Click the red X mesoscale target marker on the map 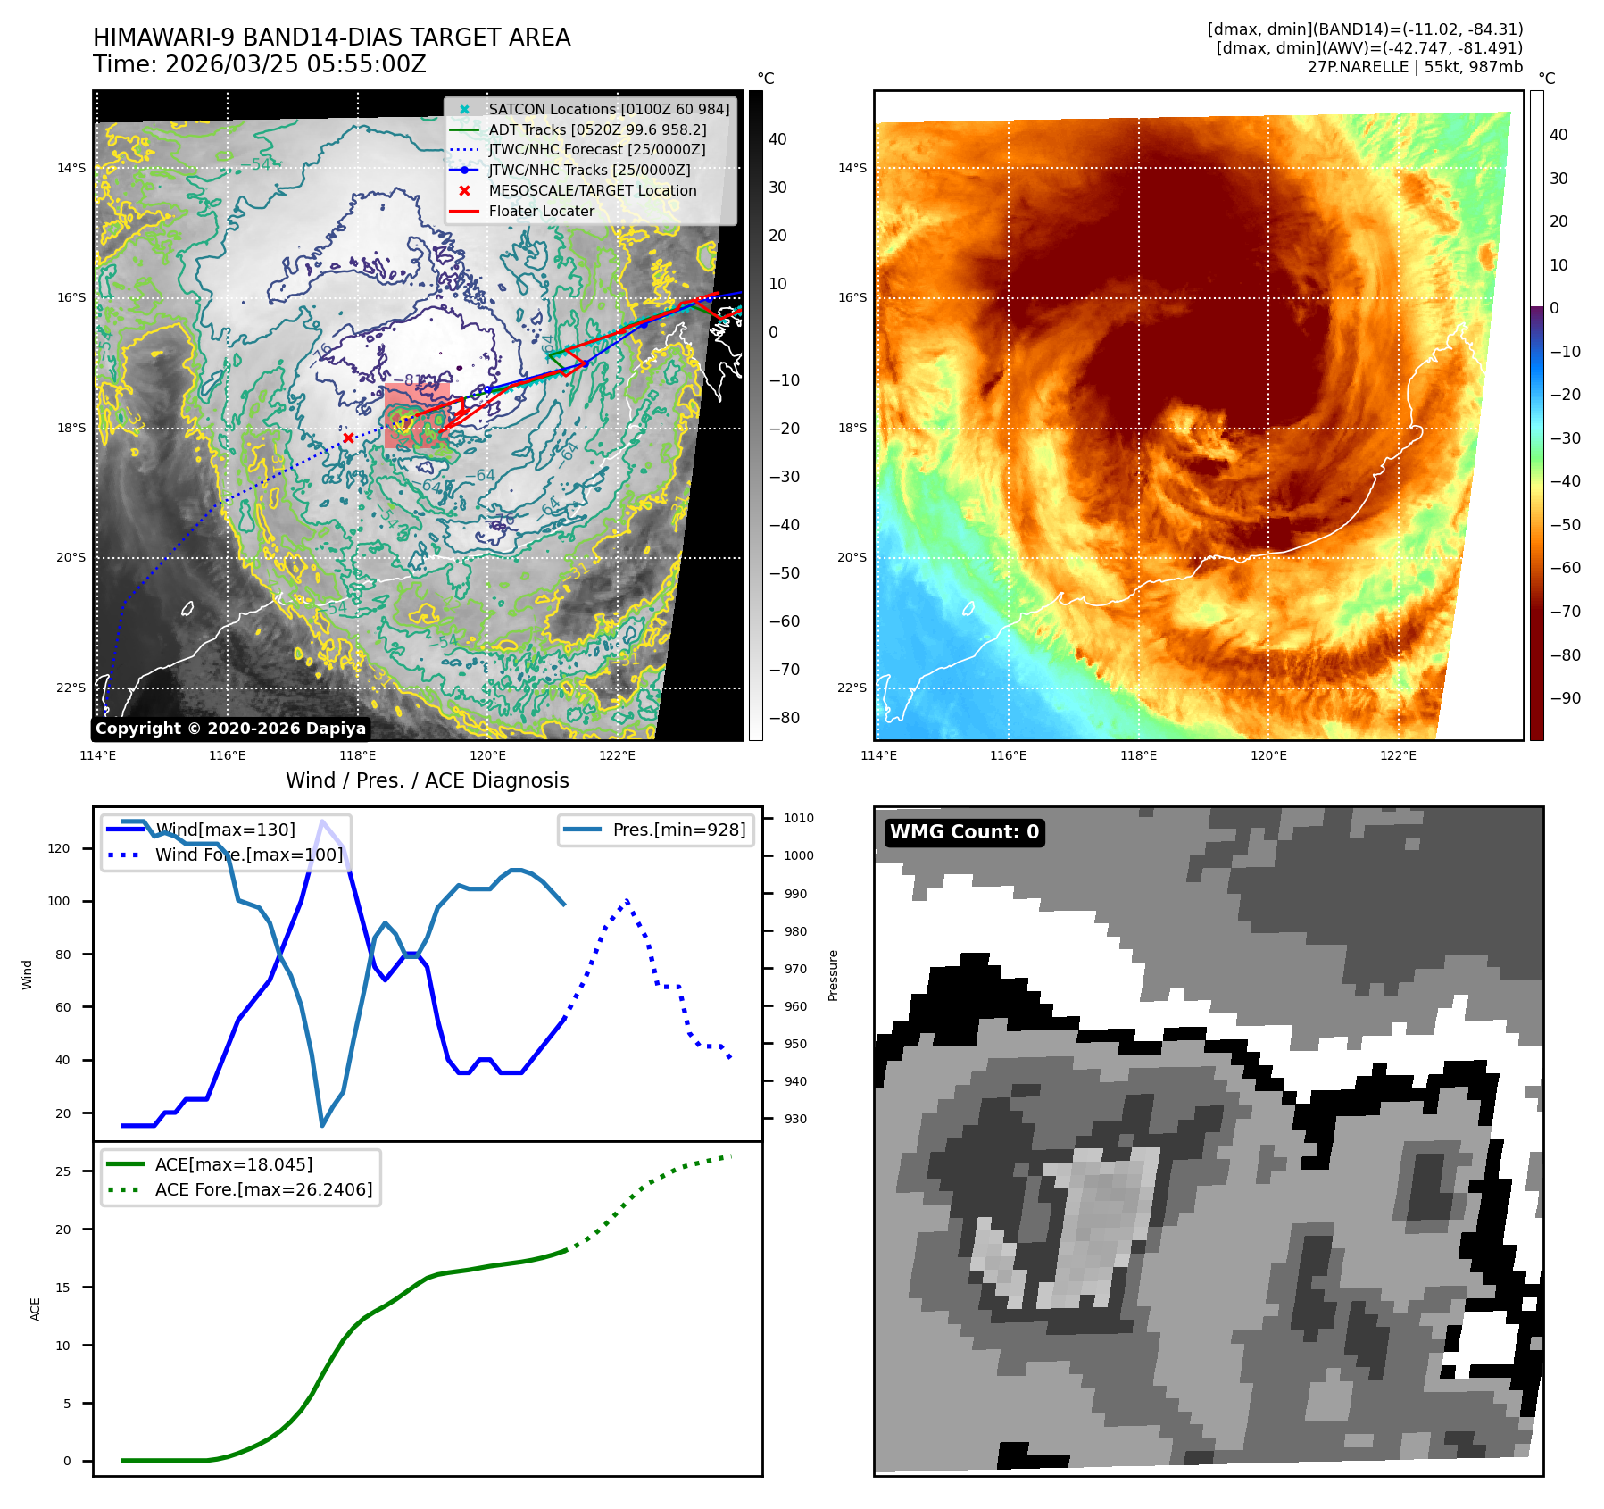coord(348,438)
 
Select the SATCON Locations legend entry coord(608,109)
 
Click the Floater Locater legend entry coord(541,211)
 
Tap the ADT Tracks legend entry coord(597,129)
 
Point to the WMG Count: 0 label coord(964,832)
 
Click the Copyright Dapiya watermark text coord(230,729)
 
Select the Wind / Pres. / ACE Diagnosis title coord(427,780)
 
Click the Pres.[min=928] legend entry coord(678,830)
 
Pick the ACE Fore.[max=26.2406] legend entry coord(263,1189)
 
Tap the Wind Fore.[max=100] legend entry coord(248,855)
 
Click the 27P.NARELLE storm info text coord(1414,67)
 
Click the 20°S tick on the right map coord(852,557)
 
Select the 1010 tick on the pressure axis coord(799,818)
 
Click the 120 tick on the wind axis coord(59,848)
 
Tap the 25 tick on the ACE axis coord(62,1171)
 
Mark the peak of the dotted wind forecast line coord(627,900)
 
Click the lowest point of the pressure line coord(322,1125)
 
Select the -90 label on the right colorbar coord(1565,698)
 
